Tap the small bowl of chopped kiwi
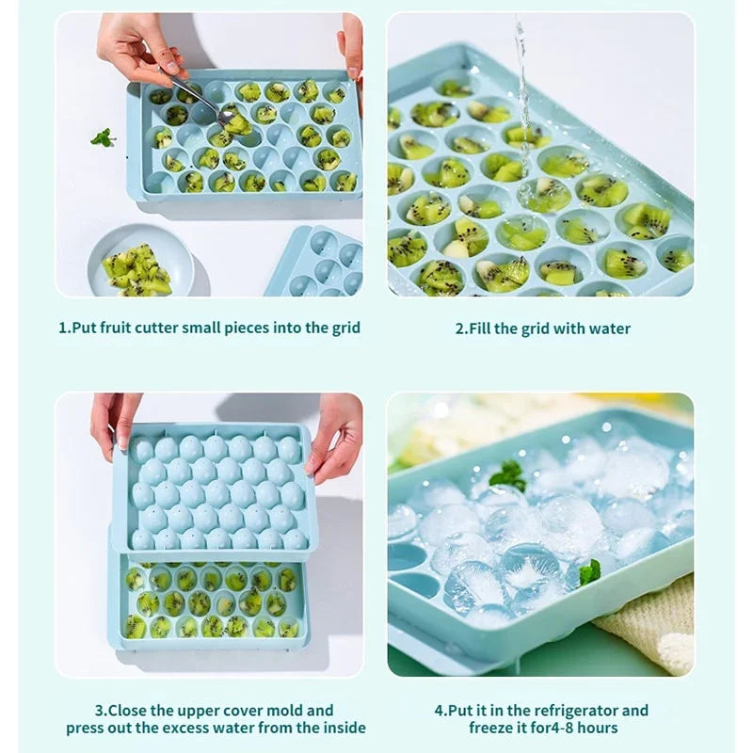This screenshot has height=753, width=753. [139, 262]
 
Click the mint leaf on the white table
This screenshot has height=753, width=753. [103, 137]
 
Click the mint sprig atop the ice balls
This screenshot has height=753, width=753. [509, 474]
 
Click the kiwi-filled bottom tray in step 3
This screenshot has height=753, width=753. [209, 602]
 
